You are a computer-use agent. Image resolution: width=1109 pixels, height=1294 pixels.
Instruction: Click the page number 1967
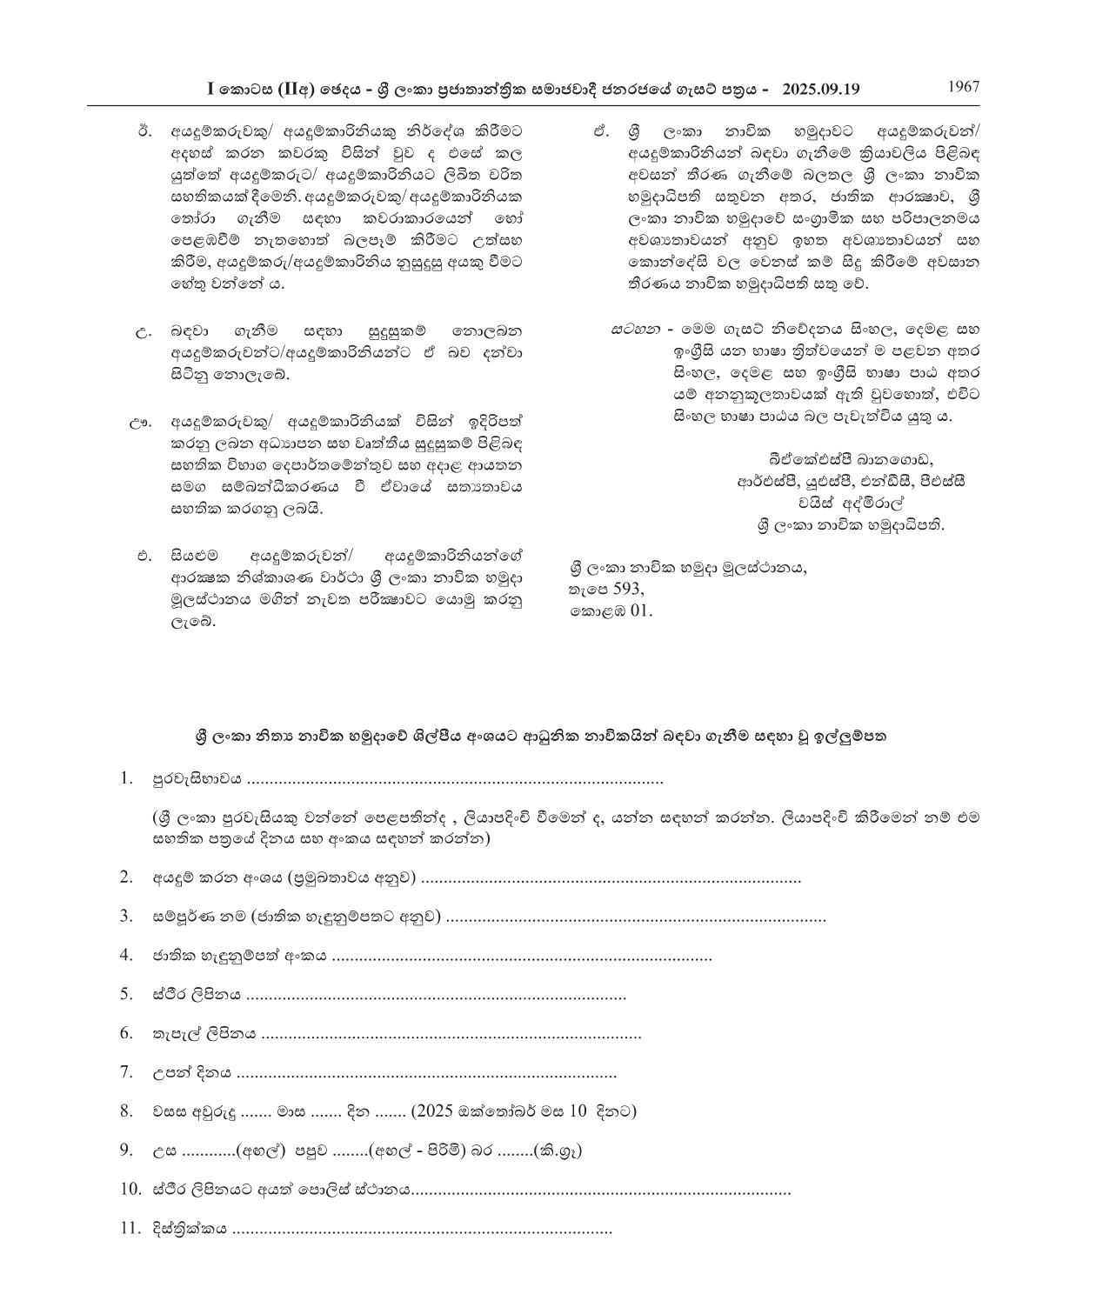click(963, 86)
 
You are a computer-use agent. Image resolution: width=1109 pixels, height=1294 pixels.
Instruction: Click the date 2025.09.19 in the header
click(820, 89)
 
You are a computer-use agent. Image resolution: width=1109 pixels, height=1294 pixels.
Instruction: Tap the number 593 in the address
click(628, 589)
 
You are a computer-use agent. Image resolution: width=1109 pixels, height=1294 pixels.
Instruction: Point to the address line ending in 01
click(611, 610)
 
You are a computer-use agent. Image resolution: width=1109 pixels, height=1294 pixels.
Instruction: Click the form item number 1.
click(128, 778)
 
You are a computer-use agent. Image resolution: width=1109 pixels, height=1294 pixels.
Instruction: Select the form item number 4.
click(127, 955)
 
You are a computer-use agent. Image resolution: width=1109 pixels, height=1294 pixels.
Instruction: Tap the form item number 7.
click(127, 1072)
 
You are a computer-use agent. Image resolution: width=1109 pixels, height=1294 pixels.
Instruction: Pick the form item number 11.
click(130, 1229)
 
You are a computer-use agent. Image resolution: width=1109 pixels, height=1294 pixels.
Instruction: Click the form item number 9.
click(127, 1151)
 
